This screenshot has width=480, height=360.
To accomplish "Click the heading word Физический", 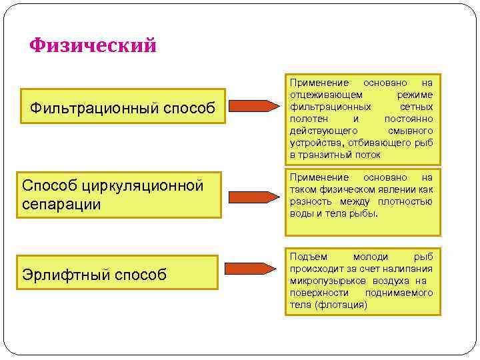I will coord(93,45).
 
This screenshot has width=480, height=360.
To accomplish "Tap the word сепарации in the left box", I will coord(61,204).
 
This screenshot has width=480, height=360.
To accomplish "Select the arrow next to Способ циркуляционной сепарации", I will coord(253,197).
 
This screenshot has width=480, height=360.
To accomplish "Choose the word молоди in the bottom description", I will coord(369,257).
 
